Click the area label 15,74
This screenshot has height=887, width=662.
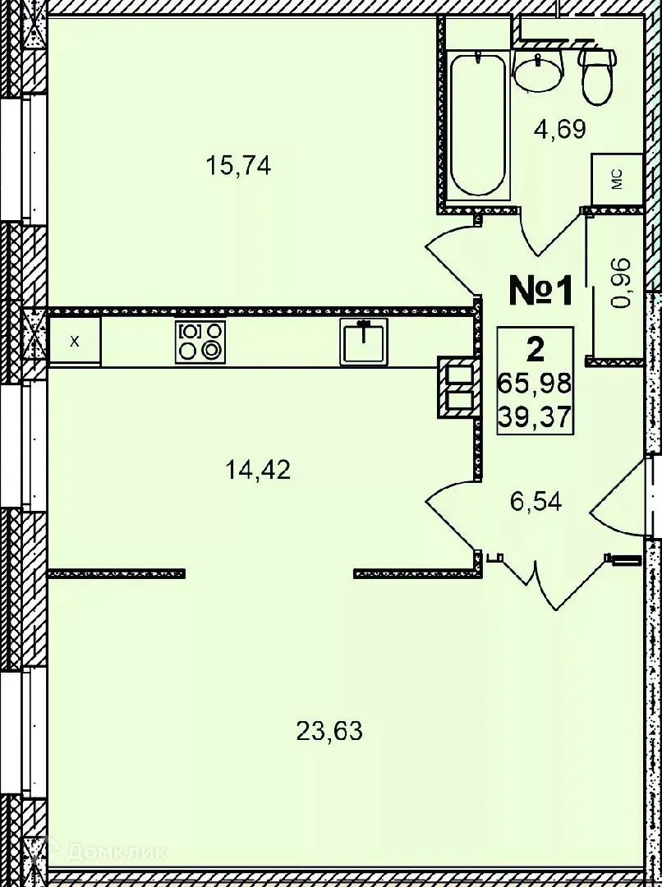click(x=239, y=167)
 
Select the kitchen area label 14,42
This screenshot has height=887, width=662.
click(x=258, y=471)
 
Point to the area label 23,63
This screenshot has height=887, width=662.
click(x=329, y=730)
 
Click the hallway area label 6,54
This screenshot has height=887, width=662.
click(x=536, y=501)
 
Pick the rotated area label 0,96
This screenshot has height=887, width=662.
click(x=623, y=283)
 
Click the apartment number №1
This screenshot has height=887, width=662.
click(x=540, y=291)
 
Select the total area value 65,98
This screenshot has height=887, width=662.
click(x=535, y=384)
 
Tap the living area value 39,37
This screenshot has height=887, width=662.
click(x=535, y=417)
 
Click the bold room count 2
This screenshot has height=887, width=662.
click(x=535, y=351)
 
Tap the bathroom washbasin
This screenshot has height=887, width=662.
click(x=539, y=71)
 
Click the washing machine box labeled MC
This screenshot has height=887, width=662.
click(x=617, y=178)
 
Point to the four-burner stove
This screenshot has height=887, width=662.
click(x=200, y=341)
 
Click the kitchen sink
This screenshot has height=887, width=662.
click(x=364, y=342)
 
